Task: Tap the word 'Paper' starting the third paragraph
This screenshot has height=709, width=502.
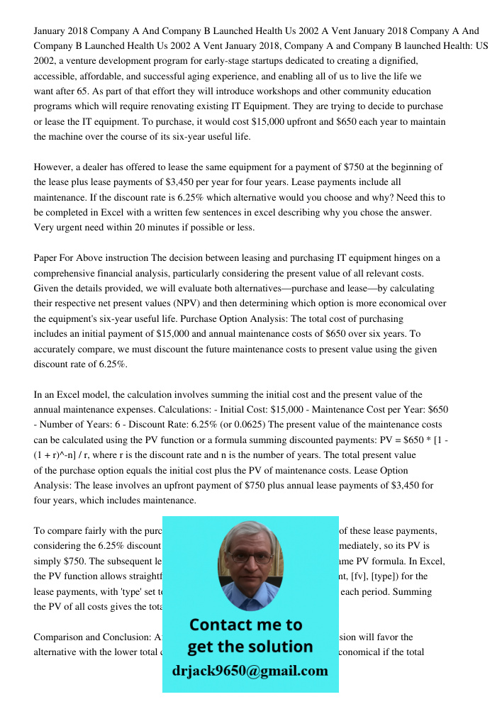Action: pos(46,257)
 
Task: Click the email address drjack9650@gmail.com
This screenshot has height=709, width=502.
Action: pos(250,671)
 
